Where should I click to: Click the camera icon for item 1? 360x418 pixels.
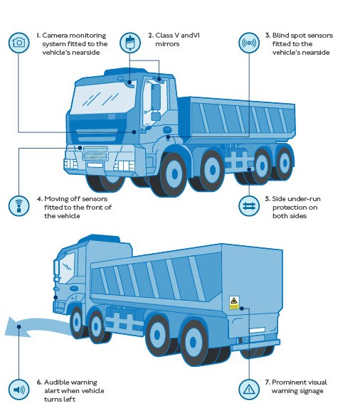[18, 43]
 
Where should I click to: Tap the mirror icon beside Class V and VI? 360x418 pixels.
[130, 43]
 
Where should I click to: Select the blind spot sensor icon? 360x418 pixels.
[249, 43]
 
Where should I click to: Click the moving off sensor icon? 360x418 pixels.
[18, 206]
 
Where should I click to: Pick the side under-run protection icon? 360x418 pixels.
[249, 206]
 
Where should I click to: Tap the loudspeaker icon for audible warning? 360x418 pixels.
[18, 390]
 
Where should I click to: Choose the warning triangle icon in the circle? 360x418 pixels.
[249, 390]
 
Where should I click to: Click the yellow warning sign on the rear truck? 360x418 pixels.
[234, 303]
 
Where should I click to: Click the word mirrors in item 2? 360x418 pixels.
[167, 44]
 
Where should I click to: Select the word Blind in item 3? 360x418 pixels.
[280, 36]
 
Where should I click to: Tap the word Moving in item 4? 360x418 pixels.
[57, 199]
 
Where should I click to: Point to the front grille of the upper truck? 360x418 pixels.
[95, 153]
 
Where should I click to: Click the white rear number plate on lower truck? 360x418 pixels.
[257, 331]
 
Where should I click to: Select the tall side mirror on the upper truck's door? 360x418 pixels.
[156, 97]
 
